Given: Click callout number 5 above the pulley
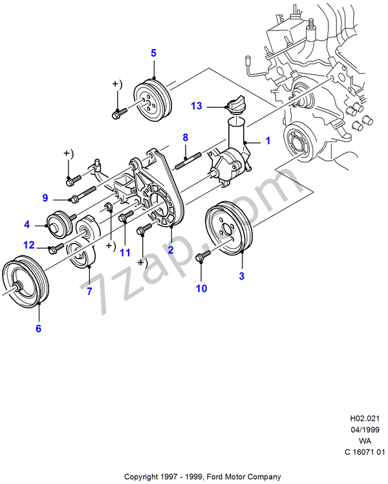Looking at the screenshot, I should pos(154,53).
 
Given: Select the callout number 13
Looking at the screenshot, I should pos(197,105).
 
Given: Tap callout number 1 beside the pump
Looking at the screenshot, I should pos(267,140).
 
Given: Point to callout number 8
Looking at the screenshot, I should pos(185,137).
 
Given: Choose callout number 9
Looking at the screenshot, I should pos(46,197).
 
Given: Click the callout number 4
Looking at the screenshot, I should pos(27,225).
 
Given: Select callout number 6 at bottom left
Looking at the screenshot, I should pos(38,328).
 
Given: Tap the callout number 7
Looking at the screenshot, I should pos(89,291).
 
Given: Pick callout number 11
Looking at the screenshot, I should pos(125,252).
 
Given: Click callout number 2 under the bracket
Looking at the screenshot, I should pos(171,249).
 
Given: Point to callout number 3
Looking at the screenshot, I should pos(241,277).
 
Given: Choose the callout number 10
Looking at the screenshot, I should pos(202,288).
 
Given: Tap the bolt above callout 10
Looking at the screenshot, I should pos(201,258).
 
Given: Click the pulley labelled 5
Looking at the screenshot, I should pos(153,100).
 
